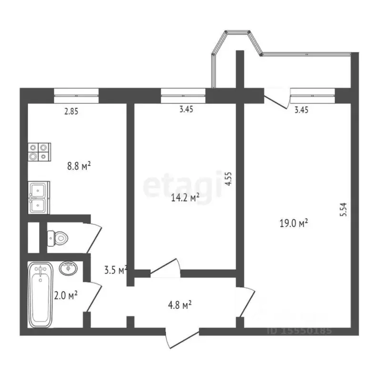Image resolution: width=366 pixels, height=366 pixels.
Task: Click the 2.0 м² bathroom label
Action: (66, 295)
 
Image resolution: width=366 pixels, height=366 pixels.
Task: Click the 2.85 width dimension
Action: (71, 112)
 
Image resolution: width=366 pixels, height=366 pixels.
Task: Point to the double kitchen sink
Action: (38, 197)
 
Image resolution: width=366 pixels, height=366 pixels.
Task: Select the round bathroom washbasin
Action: (68, 268)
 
